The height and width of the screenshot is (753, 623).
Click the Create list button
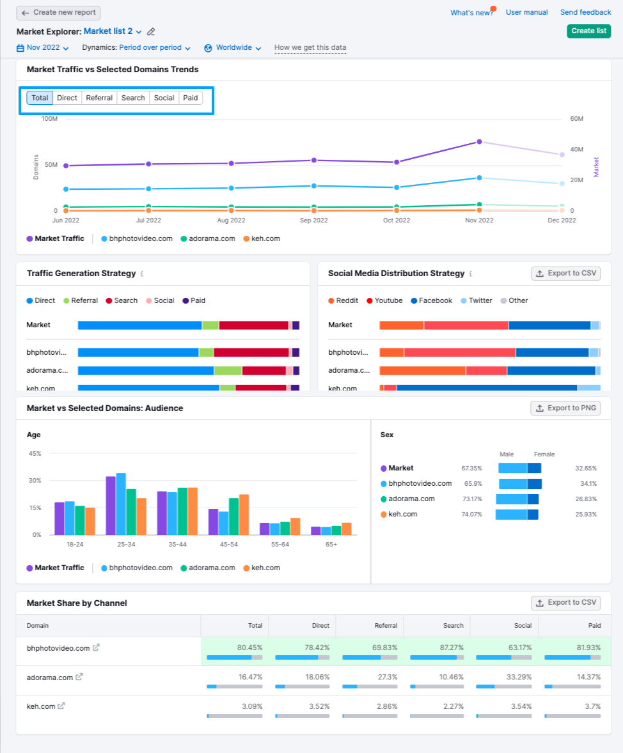coord(588,31)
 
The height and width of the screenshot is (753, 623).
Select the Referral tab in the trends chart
coord(99,98)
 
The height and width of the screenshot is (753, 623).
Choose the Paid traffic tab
coord(191,98)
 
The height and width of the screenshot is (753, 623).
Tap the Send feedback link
coord(585,12)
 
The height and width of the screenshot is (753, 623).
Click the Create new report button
coord(58,13)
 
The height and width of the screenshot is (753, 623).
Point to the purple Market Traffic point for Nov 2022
coord(478,142)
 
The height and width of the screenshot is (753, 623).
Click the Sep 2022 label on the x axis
coord(313,221)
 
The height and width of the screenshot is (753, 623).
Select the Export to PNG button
coord(565,408)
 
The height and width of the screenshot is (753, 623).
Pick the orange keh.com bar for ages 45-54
coord(244,515)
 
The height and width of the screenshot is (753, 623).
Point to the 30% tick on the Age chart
coord(35,481)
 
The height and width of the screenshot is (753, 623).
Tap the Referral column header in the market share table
coord(386,626)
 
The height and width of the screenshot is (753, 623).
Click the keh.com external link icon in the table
coord(61,706)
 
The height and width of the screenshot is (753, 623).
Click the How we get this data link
coord(310,48)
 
